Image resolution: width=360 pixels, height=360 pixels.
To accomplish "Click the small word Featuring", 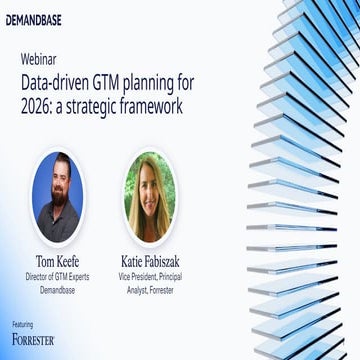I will tap(22, 324).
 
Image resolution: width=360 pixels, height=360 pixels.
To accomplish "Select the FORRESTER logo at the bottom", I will tap(33, 340).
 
